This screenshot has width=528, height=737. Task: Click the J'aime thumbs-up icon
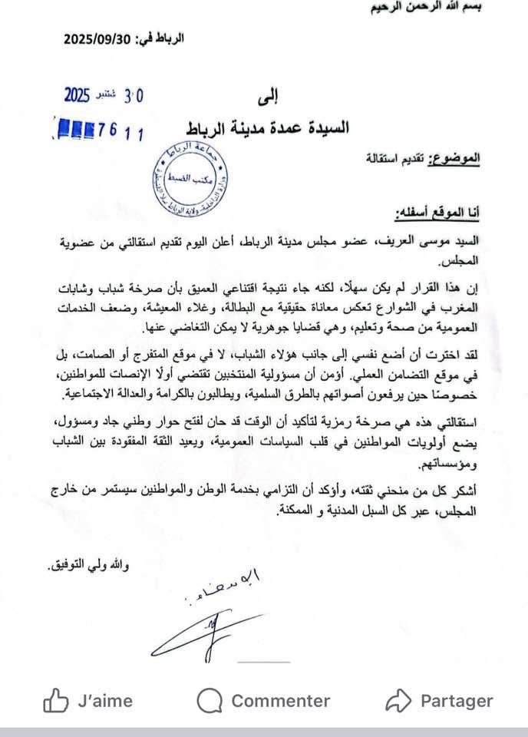[x=56, y=700]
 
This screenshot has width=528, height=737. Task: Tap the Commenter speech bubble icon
[x=210, y=700]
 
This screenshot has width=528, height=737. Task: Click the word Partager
[x=457, y=701]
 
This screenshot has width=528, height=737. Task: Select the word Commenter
[x=280, y=701]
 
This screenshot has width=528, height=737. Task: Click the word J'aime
[x=105, y=701]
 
